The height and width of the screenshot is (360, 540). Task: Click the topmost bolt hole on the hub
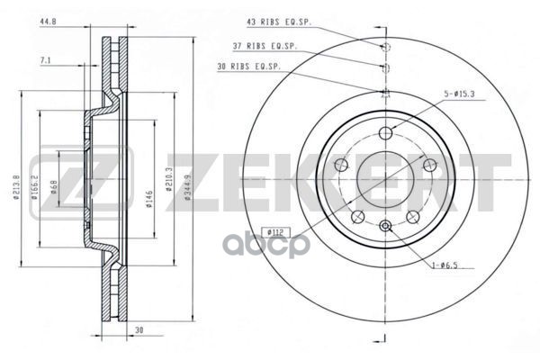click(386, 133)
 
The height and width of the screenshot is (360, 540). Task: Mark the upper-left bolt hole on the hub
click(341, 165)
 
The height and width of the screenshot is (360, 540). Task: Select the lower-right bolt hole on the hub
click(413, 218)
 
